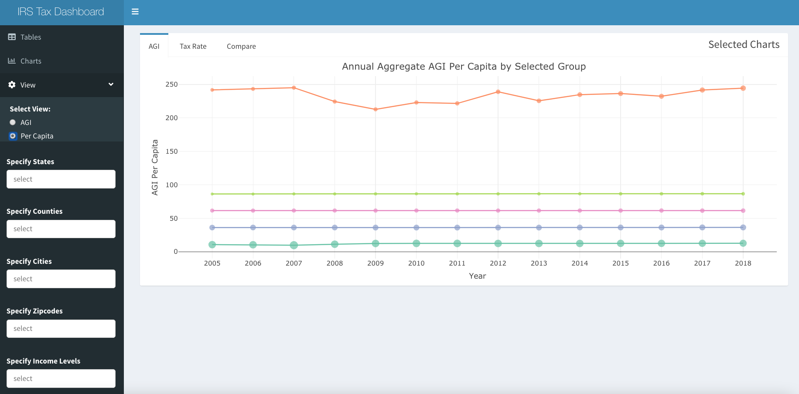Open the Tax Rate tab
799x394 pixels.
pos(193,46)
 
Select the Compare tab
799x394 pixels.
pos(241,46)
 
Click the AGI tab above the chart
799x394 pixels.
pos(154,46)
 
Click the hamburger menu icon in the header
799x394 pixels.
pos(135,12)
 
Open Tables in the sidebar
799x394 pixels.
pos(31,37)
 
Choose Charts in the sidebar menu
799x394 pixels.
pos(31,61)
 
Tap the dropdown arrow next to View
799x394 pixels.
pos(111,84)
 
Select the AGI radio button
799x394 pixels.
pos(13,122)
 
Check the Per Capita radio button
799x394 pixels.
pos(13,136)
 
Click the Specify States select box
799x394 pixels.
pos(61,179)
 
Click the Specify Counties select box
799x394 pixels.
pos(61,229)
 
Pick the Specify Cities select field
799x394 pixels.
pos(61,279)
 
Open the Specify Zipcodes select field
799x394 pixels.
pos(61,329)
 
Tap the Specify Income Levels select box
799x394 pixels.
pos(61,378)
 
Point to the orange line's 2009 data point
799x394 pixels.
pos(376,109)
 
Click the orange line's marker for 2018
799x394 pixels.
pos(743,88)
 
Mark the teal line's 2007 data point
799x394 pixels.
pos(294,245)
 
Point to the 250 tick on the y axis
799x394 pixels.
pos(171,84)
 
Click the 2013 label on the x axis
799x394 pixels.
pos(539,263)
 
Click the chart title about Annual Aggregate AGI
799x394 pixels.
pos(464,67)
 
